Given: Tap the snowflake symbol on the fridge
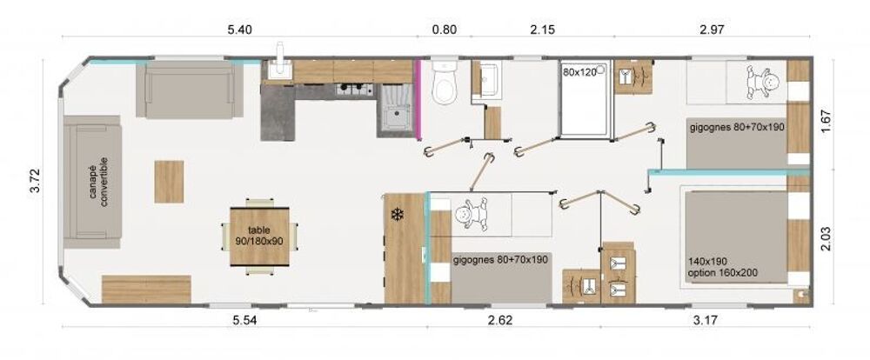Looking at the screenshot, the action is point(396,213).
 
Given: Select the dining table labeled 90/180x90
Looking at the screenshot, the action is point(259,237).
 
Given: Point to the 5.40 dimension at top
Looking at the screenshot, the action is point(240,30).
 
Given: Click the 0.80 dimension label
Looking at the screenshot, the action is point(445,30).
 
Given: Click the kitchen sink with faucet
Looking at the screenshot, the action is point(278,69).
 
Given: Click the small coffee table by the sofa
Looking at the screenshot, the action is point(169,182).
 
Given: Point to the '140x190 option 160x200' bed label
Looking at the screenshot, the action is point(722,267).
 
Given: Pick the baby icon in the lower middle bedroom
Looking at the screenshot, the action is point(471,215).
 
